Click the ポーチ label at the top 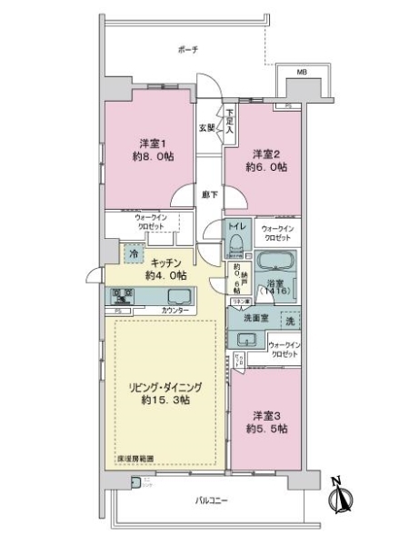[x=188, y=49]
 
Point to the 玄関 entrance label [x=207, y=128]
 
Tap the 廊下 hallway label [x=207, y=193]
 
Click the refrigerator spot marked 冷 [x=134, y=254]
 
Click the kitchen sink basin [x=175, y=296]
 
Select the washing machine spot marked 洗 [x=290, y=321]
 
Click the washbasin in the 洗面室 [x=245, y=341]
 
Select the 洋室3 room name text [x=264, y=414]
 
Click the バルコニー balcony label [x=210, y=500]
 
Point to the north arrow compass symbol [x=344, y=498]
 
